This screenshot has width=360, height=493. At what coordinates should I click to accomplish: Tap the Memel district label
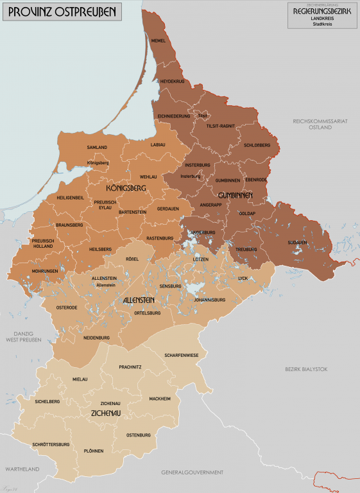tap(158, 40)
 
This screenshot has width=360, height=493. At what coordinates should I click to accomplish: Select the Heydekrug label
tap(172, 82)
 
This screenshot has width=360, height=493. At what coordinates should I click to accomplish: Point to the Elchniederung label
tap(174, 116)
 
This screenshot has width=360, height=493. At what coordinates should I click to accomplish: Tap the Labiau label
tap(158, 144)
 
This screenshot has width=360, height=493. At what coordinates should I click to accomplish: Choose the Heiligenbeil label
tap(71, 198)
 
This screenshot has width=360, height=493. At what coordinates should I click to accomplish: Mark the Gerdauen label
tap(167, 209)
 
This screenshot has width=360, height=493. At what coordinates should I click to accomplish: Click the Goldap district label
tap(247, 212)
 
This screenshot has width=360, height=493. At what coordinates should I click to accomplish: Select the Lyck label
tap(243, 279)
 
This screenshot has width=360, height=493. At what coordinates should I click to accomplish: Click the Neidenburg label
tap(96, 338)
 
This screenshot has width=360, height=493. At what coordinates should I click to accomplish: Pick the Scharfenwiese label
tap(180, 355)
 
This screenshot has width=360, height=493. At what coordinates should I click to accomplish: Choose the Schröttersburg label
tap(51, 444)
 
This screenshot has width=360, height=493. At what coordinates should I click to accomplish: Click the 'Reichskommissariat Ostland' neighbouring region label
tap(312, 124)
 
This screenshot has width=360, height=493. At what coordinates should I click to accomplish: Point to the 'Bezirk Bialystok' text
tap(306, 369)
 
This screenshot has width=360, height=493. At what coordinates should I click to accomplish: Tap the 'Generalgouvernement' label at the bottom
tap(193, 472)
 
